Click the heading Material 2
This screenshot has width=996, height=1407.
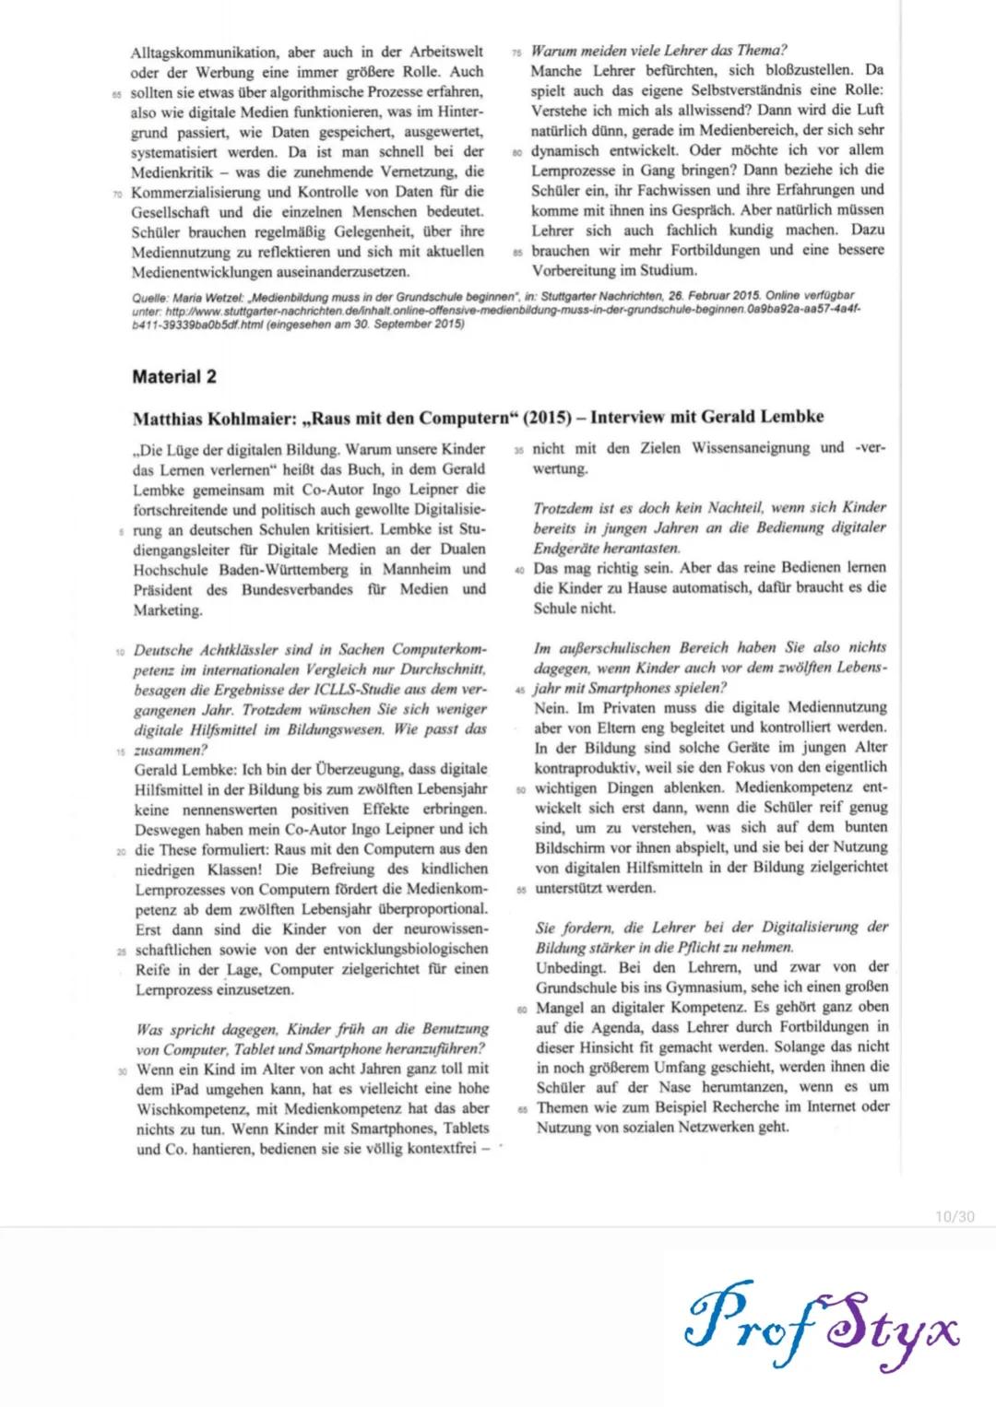174,376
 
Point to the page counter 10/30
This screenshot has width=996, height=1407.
954,1217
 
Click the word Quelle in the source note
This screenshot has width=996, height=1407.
149,296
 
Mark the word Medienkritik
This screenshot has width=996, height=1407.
172,172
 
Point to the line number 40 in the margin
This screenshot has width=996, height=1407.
520,570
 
